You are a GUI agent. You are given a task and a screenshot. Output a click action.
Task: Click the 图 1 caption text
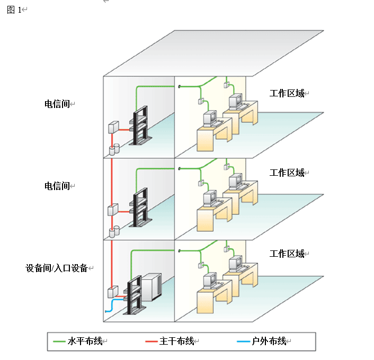(15, 10)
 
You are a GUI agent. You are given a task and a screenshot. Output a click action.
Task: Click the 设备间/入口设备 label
(57, 268)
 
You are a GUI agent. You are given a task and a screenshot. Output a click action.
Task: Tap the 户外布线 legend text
(269, 341)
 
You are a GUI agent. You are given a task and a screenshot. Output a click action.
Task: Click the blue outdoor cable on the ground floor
(111, 306)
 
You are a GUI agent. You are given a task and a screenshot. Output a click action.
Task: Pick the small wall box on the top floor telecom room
(113, 128)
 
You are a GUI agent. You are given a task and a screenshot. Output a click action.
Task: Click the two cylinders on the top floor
(114, 150)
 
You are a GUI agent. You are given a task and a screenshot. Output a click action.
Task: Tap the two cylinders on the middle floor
(114, 231)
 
